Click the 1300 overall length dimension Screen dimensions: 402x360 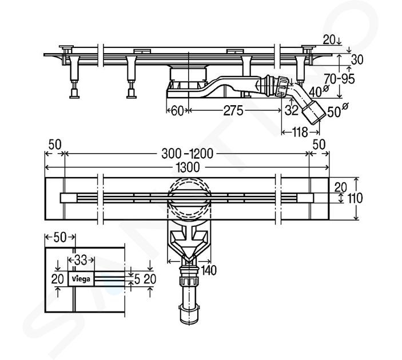click(188, 167)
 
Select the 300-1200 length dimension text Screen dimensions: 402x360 click(187, 154)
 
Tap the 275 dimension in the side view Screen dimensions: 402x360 click(233, 111)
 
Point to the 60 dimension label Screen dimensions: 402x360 click(177, 111)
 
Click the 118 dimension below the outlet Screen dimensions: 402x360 click(300, 132)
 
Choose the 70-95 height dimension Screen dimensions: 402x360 click(339, 79)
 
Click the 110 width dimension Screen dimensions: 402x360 click(355, 198)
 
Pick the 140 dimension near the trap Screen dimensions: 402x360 click(209, 270)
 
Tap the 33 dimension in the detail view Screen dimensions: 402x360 click(81, 261)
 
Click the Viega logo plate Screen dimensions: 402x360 click(81, 278)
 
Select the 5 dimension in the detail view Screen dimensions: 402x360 click(137, 279)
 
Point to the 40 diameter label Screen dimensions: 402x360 click(319, 91)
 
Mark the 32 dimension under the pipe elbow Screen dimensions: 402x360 click(292, 110)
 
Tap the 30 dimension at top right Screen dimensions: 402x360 click(357, 60)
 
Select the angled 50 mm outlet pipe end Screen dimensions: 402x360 click(313, 113)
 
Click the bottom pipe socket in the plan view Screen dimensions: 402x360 click(189, 314)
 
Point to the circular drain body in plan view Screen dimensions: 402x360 click(189, 199)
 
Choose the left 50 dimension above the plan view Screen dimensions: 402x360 click(55, 145)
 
